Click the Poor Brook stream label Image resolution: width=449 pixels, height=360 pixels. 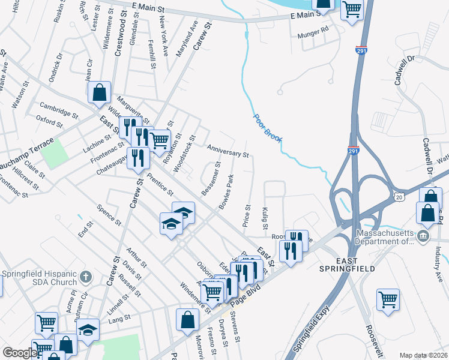pyautogui.click(x=268, y=128)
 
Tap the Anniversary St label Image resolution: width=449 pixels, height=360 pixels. pyautogui.click(x=228, y=151)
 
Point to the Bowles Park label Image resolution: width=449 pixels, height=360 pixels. pyautogui.click(x=226, y=192)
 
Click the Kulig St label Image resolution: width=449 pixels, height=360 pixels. pyautogui.click(x=265, y=218)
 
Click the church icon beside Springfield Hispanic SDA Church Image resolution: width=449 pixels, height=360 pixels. pyautogui.click(x=86, y=277)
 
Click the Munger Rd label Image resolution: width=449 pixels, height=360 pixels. pyautogui.click(x=313, y=29)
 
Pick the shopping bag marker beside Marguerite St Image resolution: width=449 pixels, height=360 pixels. pyautogui.click(x=100, y=92)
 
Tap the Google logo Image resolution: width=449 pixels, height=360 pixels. pyautogui.click(x=20, y=353)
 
